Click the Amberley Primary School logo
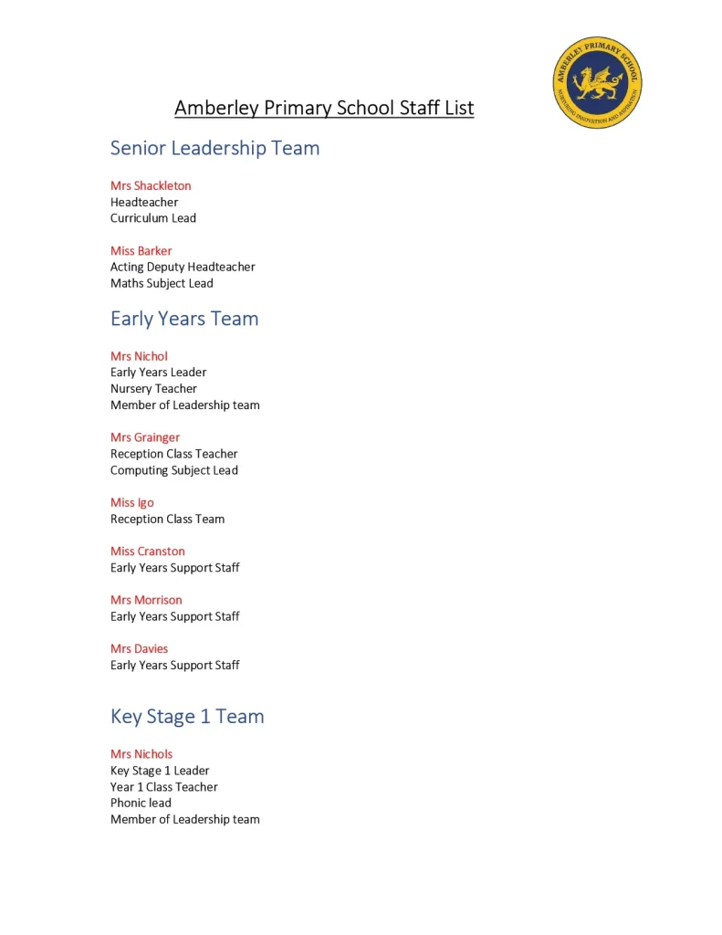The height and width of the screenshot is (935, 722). (598, 83)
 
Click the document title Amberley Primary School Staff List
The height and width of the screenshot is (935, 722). (324, 109)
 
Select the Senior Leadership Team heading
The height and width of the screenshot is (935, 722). (215, 148)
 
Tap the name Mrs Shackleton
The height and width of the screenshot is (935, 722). (151, 186)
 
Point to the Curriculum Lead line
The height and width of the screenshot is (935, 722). (153, 218)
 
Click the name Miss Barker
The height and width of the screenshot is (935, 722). (141, 251)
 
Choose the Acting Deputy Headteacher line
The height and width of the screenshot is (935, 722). (183, 268)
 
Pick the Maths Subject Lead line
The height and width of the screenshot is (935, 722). (162, 284)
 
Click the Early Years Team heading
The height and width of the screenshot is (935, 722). (184, 319)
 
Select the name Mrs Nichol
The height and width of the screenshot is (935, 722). (140, 356)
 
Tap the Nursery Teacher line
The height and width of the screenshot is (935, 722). (153, 389)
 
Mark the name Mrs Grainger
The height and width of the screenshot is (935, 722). (145, 437)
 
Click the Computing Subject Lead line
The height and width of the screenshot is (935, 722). (174, 471)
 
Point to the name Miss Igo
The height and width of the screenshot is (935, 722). (132, 503)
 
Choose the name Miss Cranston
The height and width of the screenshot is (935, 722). (148, 552)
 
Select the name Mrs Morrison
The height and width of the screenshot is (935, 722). (146, 600)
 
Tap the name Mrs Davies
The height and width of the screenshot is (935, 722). (140, 649)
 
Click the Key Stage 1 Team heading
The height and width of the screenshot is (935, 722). (187, 717)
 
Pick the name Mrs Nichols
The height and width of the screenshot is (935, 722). (141, 754)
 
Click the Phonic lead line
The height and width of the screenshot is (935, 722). (141, 804)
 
